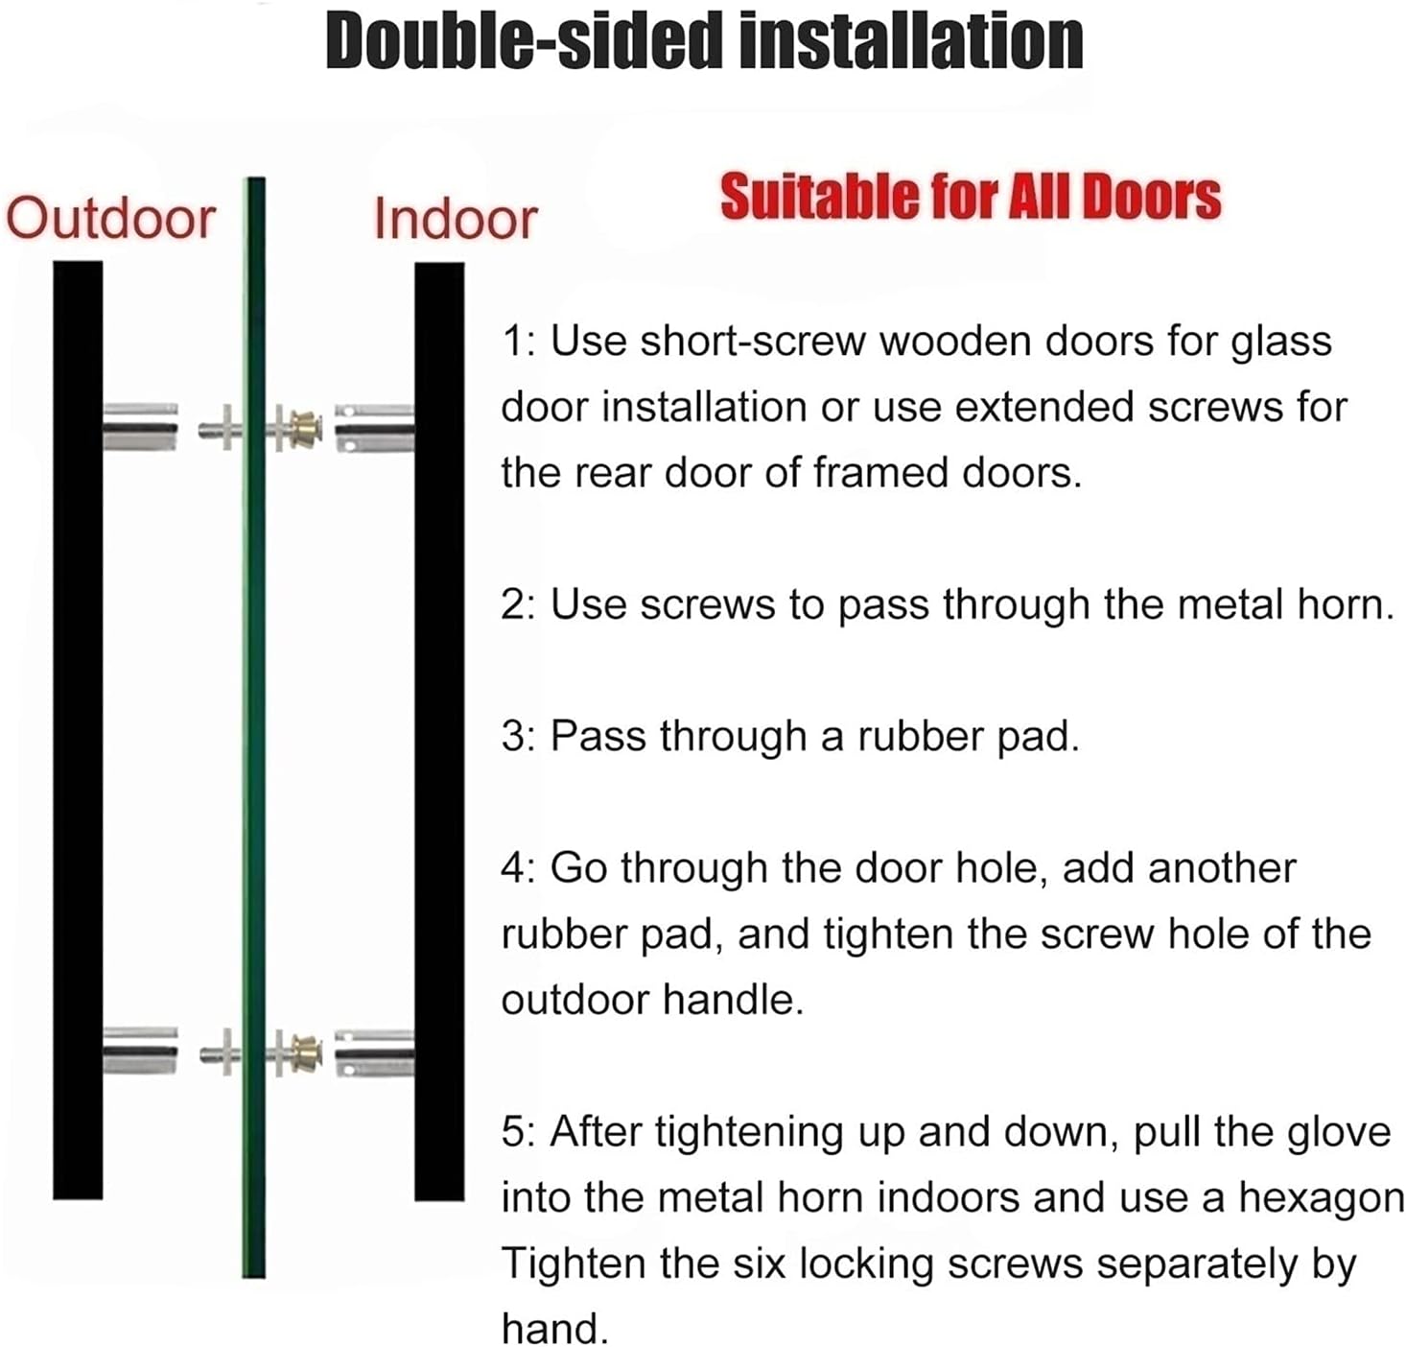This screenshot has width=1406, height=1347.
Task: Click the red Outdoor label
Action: pos(110,219)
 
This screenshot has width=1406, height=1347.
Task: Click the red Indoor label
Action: pos(455,219)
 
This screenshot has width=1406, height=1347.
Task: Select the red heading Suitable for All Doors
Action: pos(970,198)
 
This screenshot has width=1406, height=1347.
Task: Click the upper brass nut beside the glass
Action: pos(306,428)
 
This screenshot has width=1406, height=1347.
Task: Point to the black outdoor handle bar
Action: pos(78,729)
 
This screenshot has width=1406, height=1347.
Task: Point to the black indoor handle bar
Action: pos(439,729)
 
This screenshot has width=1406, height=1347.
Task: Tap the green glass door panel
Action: pos(254,729)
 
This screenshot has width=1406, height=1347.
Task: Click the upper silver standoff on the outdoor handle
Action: pos(140,427)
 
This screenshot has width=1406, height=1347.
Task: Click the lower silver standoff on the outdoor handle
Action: pos(140,1052)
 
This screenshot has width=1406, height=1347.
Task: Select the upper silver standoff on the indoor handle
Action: pos(374,428)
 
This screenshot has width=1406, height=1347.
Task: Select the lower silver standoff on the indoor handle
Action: pos(374,1052)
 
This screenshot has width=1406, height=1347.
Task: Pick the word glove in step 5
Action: pos(1337,1132)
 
